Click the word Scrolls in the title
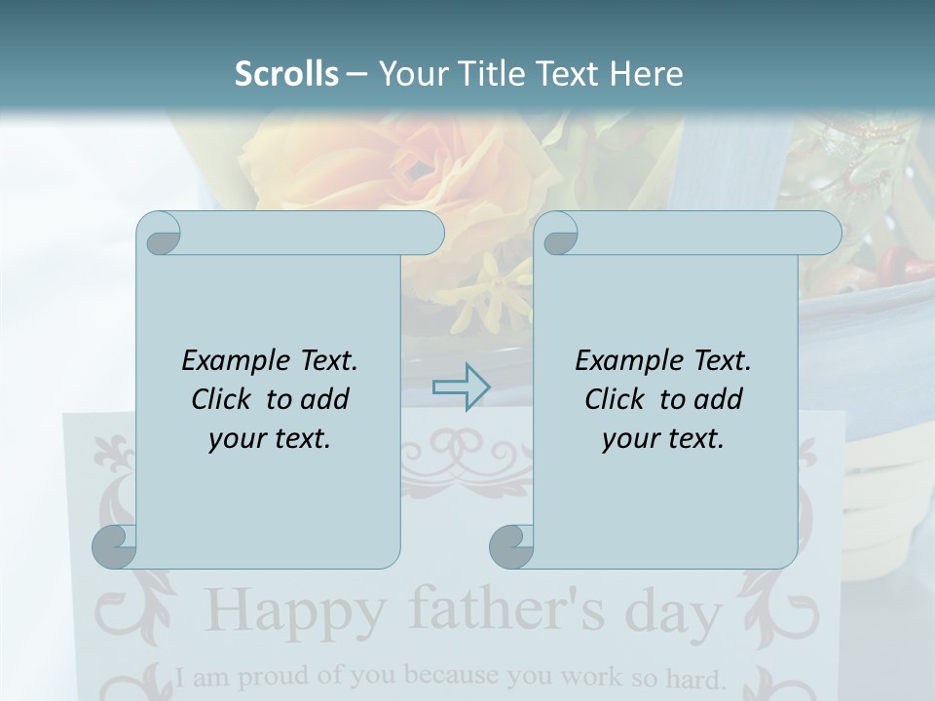287,74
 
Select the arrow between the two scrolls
461,387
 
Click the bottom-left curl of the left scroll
114,546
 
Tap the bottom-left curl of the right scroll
511,546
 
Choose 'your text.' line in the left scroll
270,438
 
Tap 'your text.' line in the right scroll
663,438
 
